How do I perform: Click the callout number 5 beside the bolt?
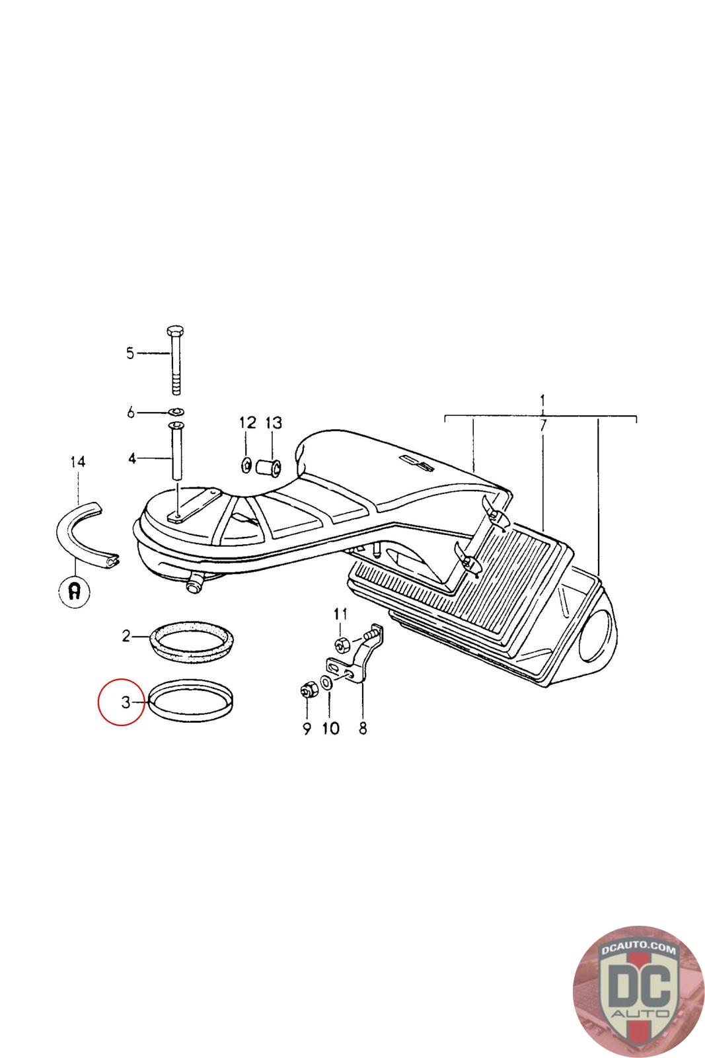[x=130, y=353]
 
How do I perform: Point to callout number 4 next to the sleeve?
[x=133, y=458]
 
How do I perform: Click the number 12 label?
[x=248, y=423]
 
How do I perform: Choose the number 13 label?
[x=274, y=423]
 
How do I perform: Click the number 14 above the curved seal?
[x=78, y=462]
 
